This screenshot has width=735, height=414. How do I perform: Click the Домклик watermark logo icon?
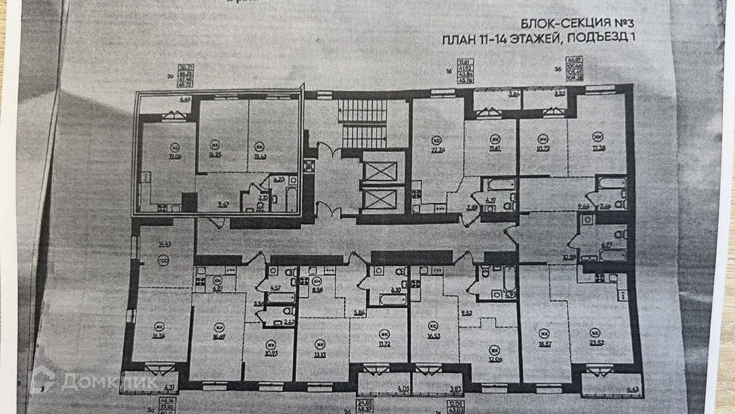click(44, 381)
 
